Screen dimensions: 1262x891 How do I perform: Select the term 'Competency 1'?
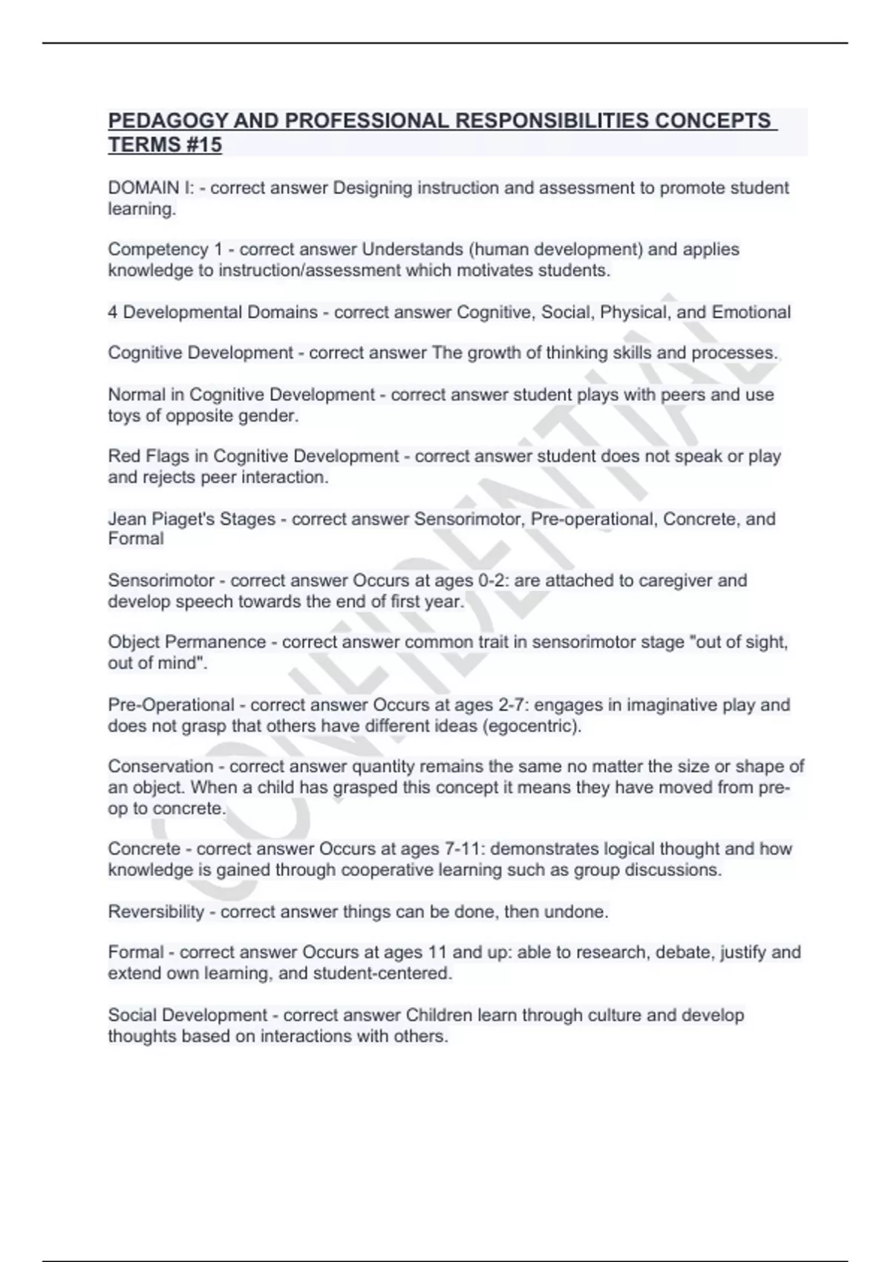click(x=165, y=249)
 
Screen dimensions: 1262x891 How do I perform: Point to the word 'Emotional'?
click(x=751, y=312)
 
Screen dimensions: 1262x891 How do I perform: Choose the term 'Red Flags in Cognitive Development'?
click(x=253, y=456)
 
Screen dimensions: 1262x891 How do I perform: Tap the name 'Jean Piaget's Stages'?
click(x=192, y=519)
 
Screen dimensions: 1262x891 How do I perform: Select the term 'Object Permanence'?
click(x=186, y=642)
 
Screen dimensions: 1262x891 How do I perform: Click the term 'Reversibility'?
click(x=156, y=912)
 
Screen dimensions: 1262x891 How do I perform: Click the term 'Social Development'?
click(x=188, y=1015)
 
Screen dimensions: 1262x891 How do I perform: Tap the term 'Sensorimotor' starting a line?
click(x=161, y=581)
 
